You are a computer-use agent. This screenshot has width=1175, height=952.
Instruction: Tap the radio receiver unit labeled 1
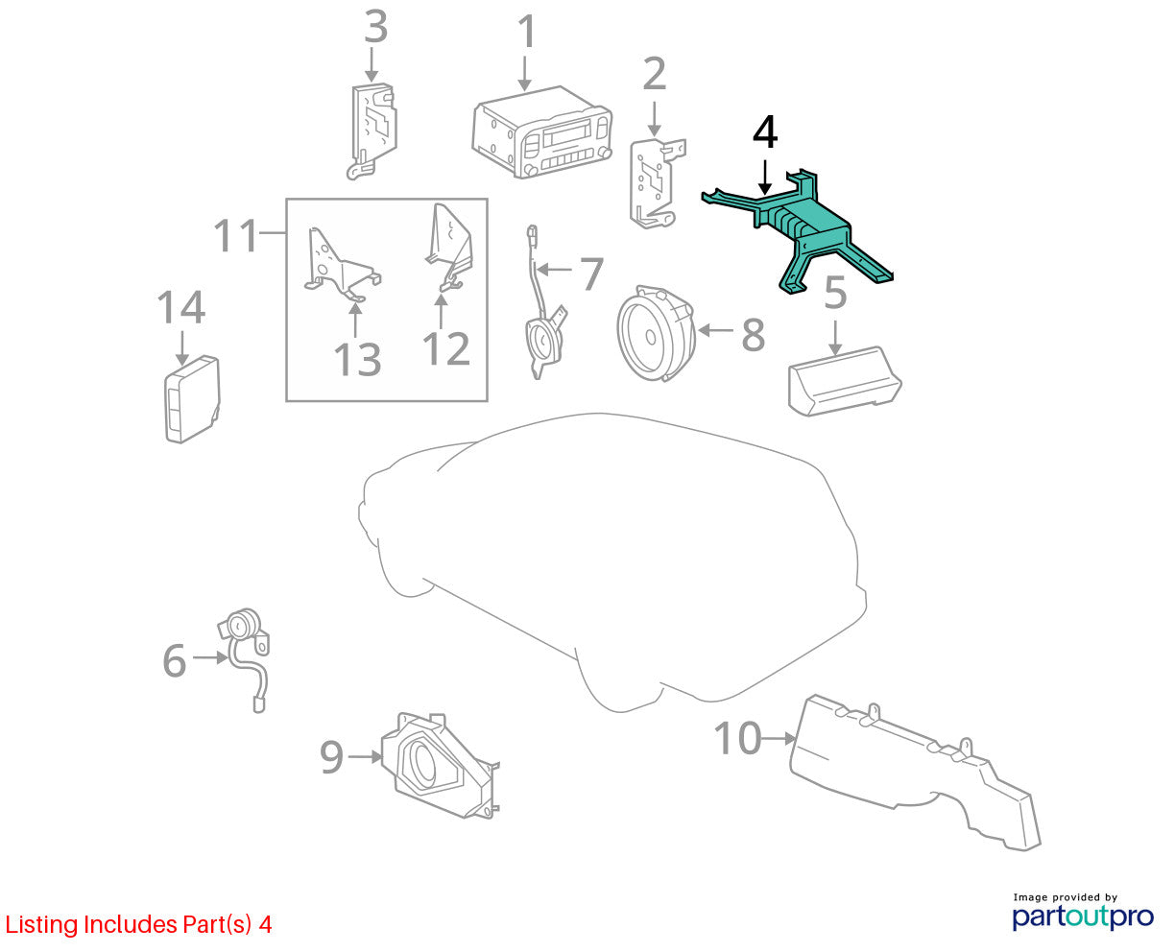541,132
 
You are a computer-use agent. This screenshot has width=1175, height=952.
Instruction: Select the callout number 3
376,27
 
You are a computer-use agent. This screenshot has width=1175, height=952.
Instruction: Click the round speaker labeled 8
656,334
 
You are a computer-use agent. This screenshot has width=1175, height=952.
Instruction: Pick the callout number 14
180,307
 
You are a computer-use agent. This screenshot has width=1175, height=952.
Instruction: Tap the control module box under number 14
192,399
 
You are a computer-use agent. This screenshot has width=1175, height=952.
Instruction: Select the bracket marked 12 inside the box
449,247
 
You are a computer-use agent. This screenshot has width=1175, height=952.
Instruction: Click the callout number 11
236,235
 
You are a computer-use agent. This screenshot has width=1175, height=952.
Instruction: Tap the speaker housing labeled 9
441,767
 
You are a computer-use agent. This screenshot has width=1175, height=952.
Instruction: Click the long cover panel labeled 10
913,773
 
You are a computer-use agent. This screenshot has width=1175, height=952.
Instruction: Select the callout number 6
175,661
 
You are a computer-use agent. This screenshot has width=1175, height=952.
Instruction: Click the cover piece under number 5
844,381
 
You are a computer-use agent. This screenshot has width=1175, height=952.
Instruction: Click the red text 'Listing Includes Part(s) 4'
138,925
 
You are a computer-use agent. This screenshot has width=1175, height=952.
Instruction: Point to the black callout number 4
765,131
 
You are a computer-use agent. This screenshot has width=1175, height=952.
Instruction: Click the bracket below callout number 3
373,131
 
